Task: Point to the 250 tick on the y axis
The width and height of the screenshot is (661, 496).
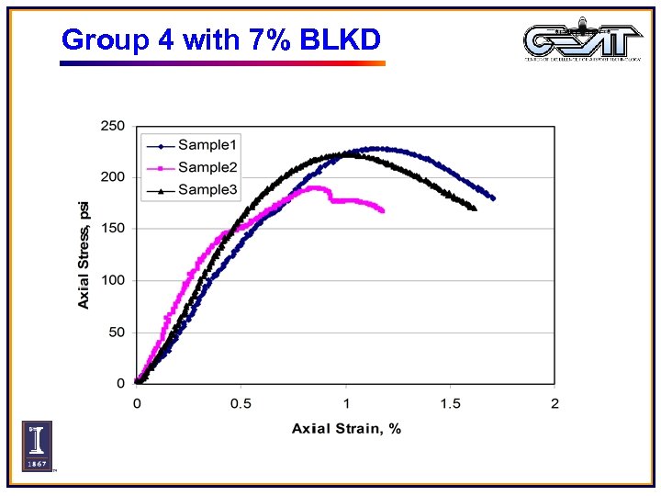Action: tap(113, 125)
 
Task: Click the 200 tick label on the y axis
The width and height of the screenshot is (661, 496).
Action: tap(113, 176)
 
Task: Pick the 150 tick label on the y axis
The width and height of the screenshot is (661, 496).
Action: tap(113, 228)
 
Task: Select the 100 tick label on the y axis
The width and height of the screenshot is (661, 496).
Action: tap(113, 280)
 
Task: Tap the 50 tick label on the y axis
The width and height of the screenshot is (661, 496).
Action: tap(117, 332)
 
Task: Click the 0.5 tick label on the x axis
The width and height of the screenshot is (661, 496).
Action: tap(241, 405)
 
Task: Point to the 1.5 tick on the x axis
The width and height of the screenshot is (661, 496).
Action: tap(450, 405)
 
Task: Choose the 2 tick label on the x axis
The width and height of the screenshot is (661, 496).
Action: tap(555, 405)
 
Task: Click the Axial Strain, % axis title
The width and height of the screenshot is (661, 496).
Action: tap(346, 429)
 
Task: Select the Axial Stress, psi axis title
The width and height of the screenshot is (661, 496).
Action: tap(84, 254)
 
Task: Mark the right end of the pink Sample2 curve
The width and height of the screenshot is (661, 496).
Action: tap(382, 210)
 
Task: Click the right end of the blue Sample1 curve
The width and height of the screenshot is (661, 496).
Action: tap(493, 198)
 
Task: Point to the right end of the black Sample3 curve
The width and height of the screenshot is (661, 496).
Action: tap(474, 209)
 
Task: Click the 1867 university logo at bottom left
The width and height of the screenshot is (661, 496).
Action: tap(37, 446)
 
